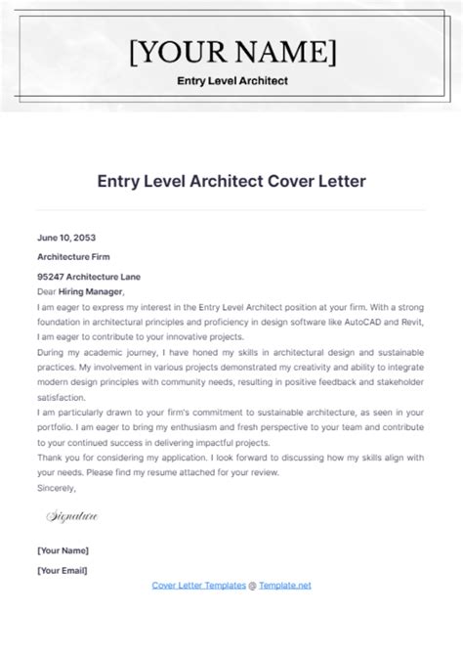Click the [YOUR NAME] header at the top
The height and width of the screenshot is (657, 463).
(231, 51)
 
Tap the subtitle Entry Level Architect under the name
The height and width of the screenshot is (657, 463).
(231, 82)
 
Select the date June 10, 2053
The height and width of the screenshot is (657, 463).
(65, 238)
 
